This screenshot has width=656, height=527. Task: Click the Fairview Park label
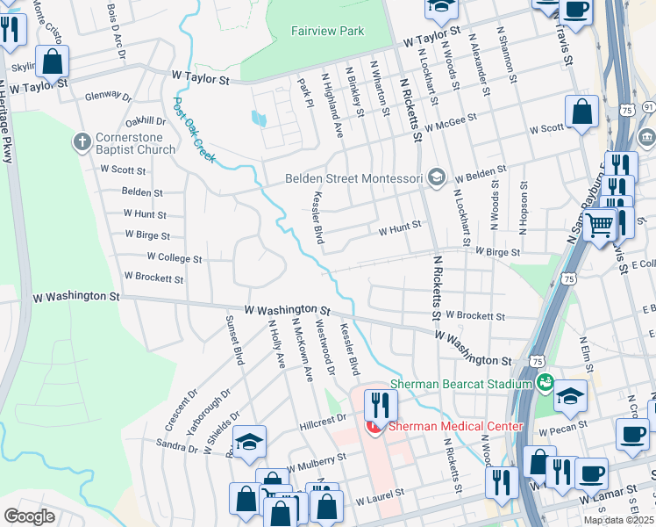tap(327, 31)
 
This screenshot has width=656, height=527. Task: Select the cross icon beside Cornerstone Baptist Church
tap(82, 141)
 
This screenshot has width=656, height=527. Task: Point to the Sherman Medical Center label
tap(456, 427)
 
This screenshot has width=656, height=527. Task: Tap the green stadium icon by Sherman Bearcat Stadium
tap(545, 383)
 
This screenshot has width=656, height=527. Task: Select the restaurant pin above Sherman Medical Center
tap(380, 405)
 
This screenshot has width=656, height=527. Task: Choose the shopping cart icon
tap(600, 227)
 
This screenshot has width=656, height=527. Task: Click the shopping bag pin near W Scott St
tap(581, 112)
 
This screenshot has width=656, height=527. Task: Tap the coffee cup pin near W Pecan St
tap(631, 433)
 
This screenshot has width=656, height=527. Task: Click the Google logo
tap(29, 516)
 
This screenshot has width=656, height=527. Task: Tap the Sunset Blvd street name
tap(235, 340)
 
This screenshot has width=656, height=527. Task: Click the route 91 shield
tap(648, 106)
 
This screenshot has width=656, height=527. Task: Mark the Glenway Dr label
tap(108, 97)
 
